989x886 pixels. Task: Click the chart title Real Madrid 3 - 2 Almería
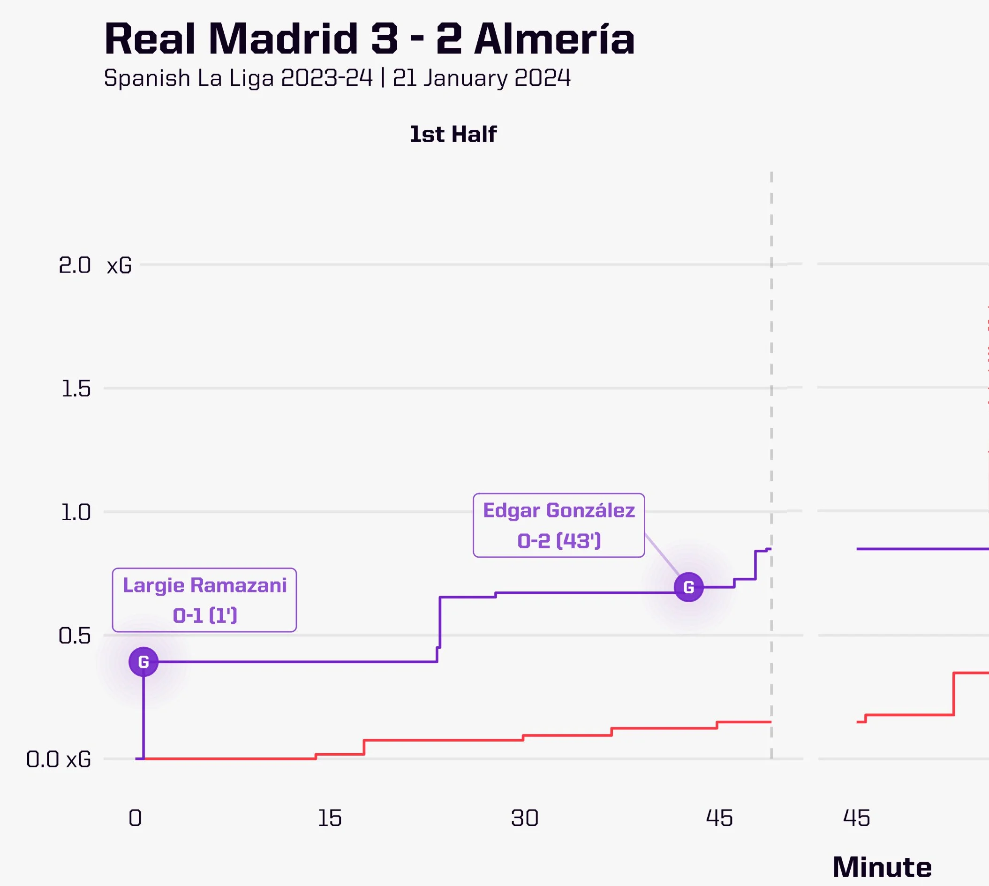pyautogui.click(x=370, y=39)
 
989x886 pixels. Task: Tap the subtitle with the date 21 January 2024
pyautogui.click(x=337, y=78)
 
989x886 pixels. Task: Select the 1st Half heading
pyautogui.click(x=453, y=134)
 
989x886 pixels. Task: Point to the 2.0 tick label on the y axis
pyautogui.click(x=75, y=265)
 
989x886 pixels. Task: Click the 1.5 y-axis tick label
pyautogui.click(x=76, y=388)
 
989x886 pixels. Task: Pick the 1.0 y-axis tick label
pyautogui.click(x=75, y=512)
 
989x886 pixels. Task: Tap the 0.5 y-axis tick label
pyautogui.click(x=75, y=636)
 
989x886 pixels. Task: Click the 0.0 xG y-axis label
pyautogui.click(x=59, y=759)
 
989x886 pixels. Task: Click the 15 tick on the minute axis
pyautogui.click(x=330, y=818)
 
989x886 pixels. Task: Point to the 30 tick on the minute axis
pyautogui.click(x=525, y=818)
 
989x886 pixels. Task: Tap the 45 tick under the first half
pyautogui.click(x=719, y=818)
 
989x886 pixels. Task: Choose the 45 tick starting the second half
pyautogui.click(x=856, y=818)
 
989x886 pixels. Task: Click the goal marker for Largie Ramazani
pyautogui.click(x=143, y=662)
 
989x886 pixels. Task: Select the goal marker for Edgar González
pyautogui.click(x=689, y=587)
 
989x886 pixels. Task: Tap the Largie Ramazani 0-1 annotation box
pyautogui.click(x=204, y=600)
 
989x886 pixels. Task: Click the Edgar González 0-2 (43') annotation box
pyautogui.click(x=559, y=525)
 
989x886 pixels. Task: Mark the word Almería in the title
pyautogui.click(x=555, y=39)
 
